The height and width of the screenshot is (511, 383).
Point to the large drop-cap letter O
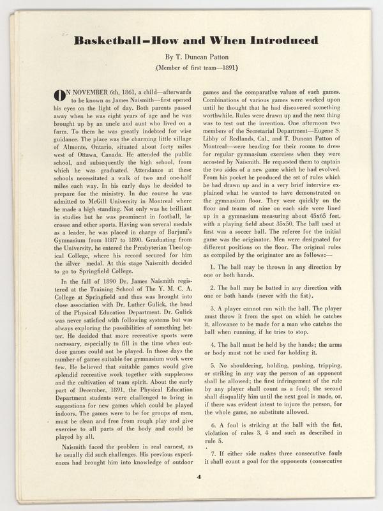click(x=58, y=96)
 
